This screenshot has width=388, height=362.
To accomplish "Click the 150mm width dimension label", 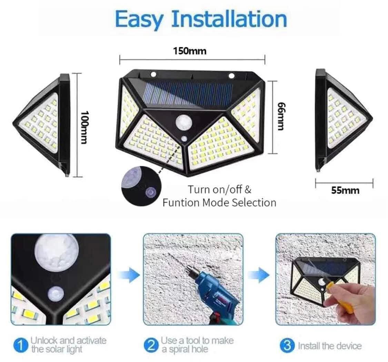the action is pos(190,51).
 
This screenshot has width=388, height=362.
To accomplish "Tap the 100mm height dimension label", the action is pos(84,127).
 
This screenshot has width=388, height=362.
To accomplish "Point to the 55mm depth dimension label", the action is pos(345,190).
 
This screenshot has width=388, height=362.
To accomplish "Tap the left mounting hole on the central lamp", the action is pos(153,74).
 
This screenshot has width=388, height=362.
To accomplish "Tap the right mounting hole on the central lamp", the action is pos(232,75).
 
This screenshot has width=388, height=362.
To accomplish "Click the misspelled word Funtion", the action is pos(181,203).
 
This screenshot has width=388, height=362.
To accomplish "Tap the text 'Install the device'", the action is pos(330,346).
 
